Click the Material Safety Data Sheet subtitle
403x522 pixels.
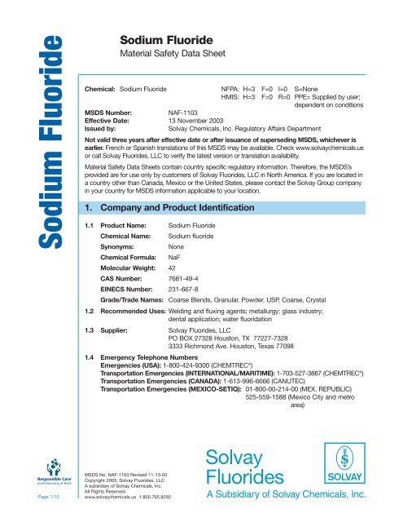point(167,55)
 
